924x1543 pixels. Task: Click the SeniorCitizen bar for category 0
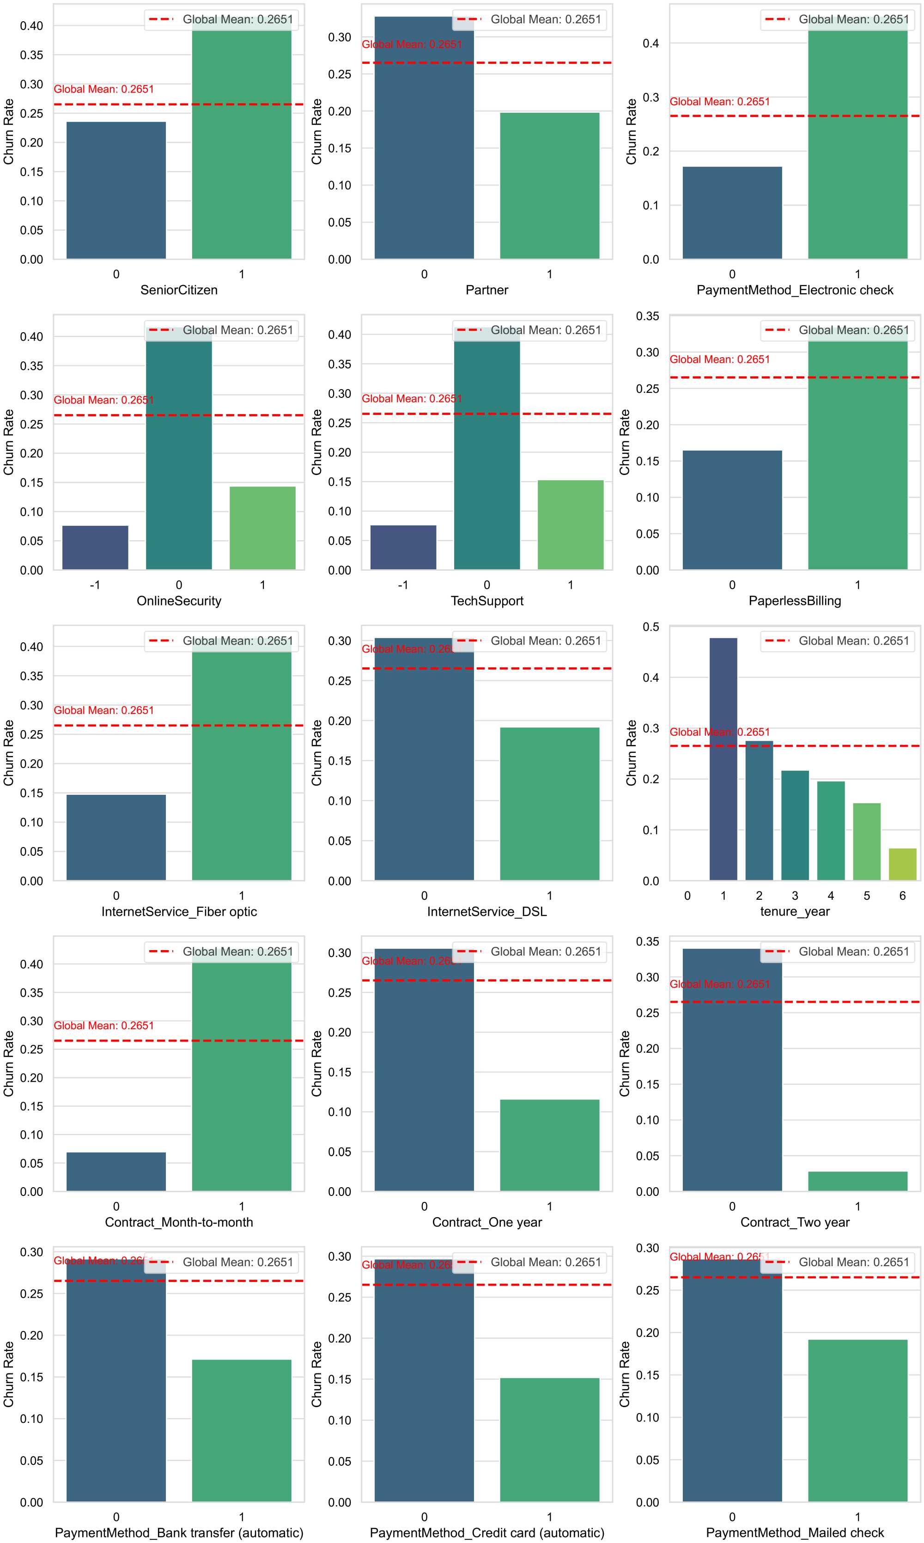point(116,190)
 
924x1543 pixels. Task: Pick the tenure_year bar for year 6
point(902,864)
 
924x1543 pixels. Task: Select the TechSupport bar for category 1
point(571,524)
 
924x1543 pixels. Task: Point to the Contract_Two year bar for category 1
point(857,1181)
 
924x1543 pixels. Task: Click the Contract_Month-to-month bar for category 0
point(116,1171)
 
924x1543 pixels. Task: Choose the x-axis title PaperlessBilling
point(795,601)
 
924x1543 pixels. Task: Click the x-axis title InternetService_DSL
point(487,912)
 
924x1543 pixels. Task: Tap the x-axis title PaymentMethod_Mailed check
point(795,1532)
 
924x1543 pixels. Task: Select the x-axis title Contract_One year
point(487,1222)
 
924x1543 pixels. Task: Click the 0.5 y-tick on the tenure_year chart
point(650,627)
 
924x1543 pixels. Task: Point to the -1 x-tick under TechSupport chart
point(403,585)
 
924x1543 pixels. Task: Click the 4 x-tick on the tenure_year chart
point(831,896)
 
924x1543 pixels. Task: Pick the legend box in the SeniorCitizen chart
point(221,19)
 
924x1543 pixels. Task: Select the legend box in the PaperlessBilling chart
point(837,330)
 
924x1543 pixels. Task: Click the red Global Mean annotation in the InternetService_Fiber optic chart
point(104,710)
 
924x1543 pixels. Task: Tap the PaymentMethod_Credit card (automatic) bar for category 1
point(549,1439)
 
